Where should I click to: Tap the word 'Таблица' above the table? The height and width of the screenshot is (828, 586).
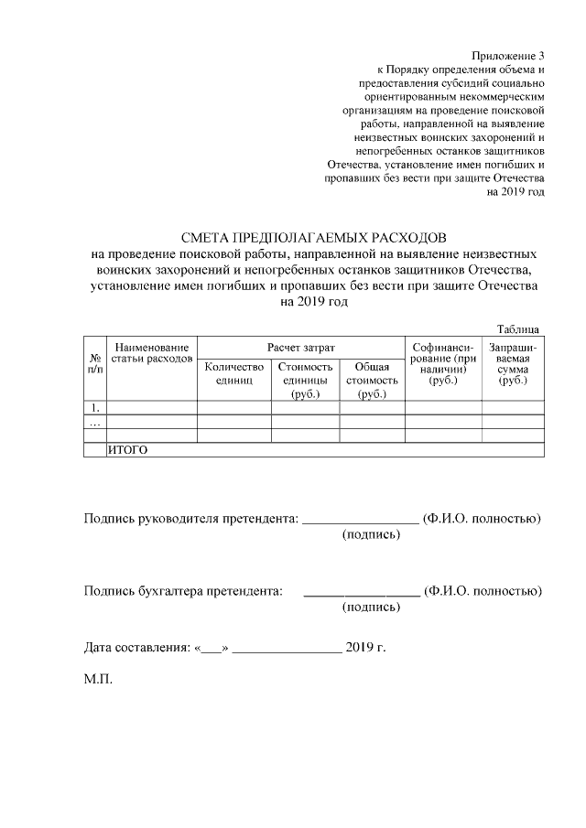click(x=517, y=329)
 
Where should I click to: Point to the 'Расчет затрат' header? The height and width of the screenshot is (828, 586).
click(x=300, y=348)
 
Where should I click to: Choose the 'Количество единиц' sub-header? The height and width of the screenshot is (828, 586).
click(x=233, y=372)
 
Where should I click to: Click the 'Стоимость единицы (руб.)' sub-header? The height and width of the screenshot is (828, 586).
click(x=305, y=380)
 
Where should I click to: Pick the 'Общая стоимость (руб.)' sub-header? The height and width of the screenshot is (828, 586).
click(x=372, y=380)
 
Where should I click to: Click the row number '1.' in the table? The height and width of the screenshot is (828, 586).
click(x=94, y=408)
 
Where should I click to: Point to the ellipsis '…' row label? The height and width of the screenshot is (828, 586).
click(x=94, y=423)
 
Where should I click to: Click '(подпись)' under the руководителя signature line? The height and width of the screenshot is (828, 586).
click(x=371, y=534)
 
